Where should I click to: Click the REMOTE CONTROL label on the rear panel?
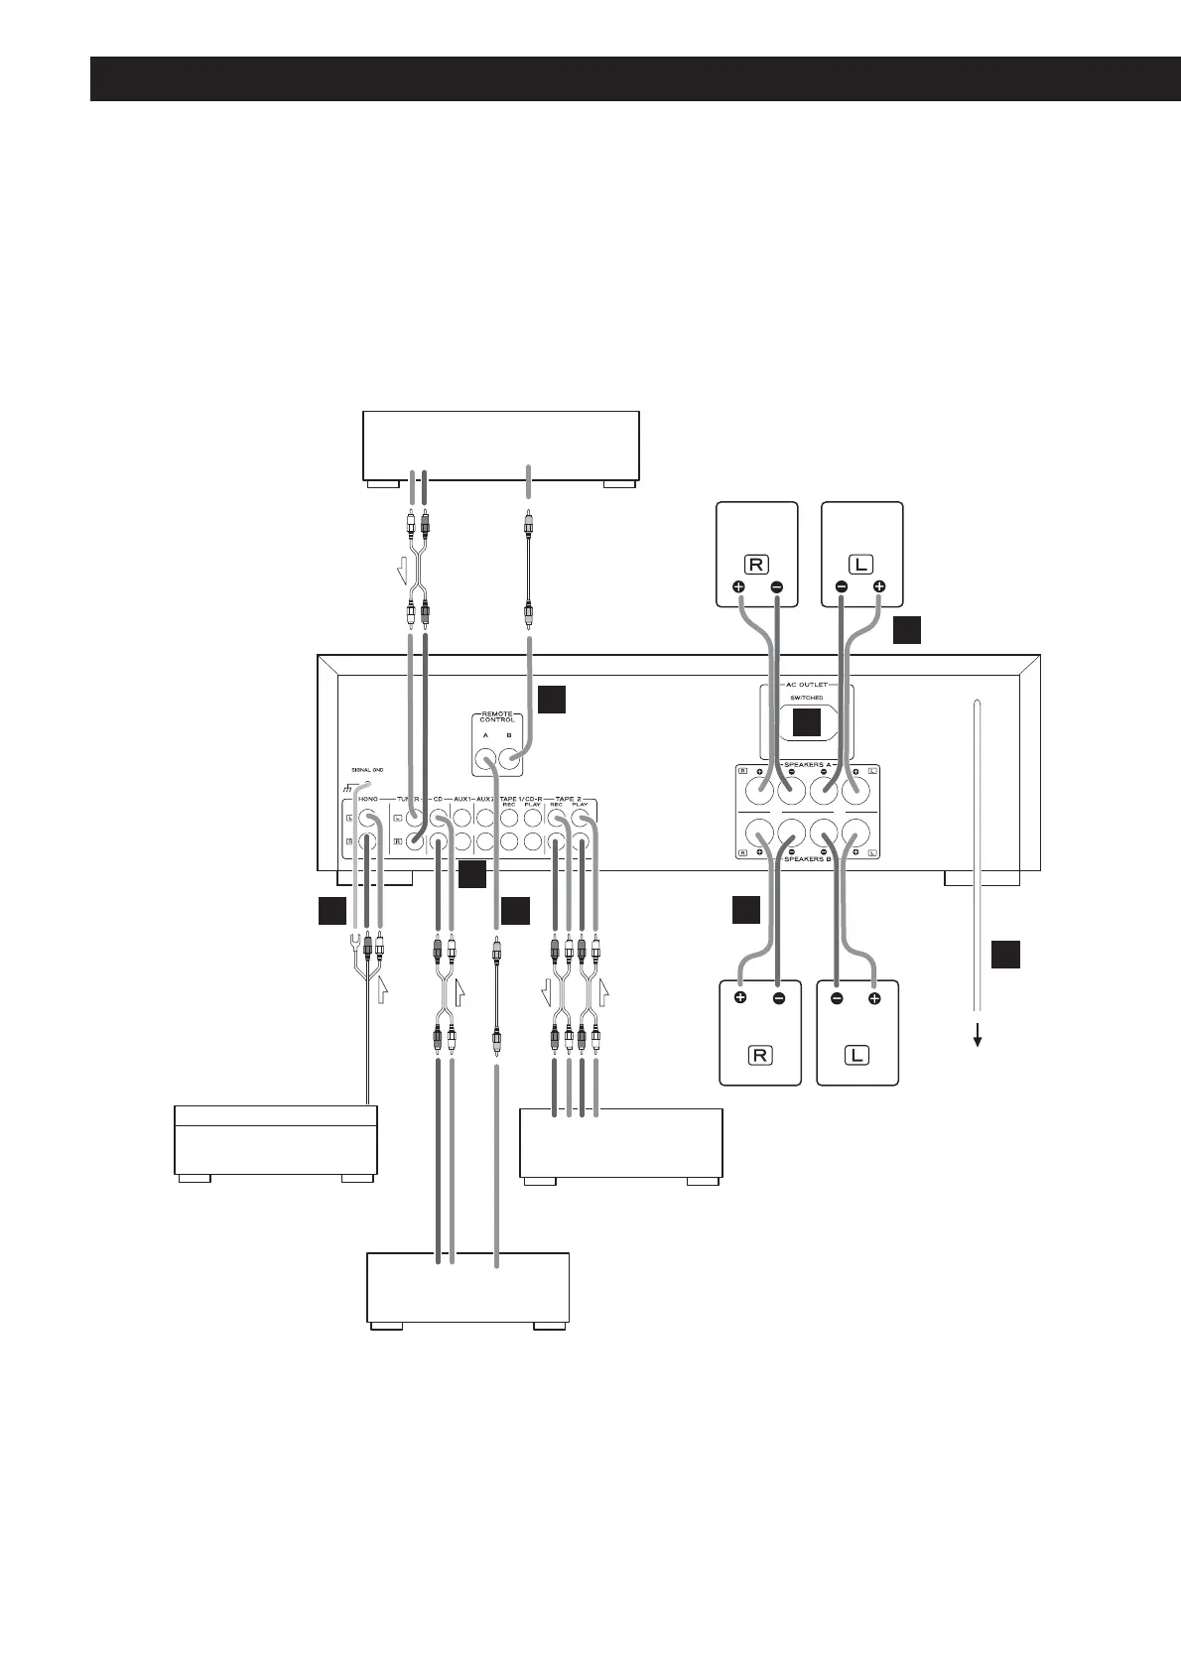(496, 717)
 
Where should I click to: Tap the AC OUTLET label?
(807, 685)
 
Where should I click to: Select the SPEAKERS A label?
(807, 765)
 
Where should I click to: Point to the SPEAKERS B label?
(807, 858)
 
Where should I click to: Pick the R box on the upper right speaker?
(756, 565)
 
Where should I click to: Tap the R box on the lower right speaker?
(759, 1054)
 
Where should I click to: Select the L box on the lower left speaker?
(856, 1054)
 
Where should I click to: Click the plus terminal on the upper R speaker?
(738, 587)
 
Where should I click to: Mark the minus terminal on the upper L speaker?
(841, 587)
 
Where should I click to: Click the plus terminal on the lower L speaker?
(874, 998)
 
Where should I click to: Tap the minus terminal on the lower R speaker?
(778, 998)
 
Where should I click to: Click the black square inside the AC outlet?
(807, 724)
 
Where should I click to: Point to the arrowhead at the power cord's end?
(978, 1041)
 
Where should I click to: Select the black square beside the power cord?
(1004, 955)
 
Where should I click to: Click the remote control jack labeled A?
(486, 762)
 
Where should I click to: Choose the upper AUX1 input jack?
(461, 819)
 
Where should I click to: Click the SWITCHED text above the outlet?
(807, 699)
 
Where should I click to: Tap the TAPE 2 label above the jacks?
(568, 798)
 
